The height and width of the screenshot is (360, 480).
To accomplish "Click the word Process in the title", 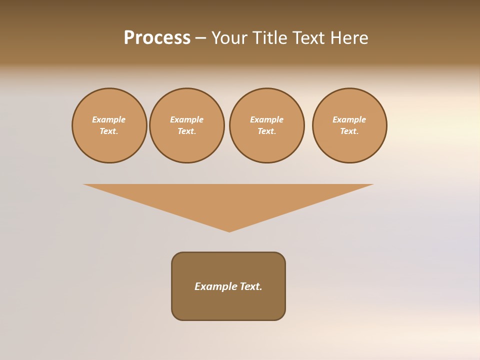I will coord(157,38).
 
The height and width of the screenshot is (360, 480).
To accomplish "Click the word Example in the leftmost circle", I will coord(109,119).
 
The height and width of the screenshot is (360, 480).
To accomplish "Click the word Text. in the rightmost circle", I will coord(349,131).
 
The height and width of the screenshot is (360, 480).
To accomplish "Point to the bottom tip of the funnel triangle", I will coord(229,230).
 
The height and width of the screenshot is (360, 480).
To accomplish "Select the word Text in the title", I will coord(307,38).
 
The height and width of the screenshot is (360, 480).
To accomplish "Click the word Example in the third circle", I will coord(267,119).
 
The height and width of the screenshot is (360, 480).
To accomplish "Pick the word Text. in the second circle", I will coord(187,131).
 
